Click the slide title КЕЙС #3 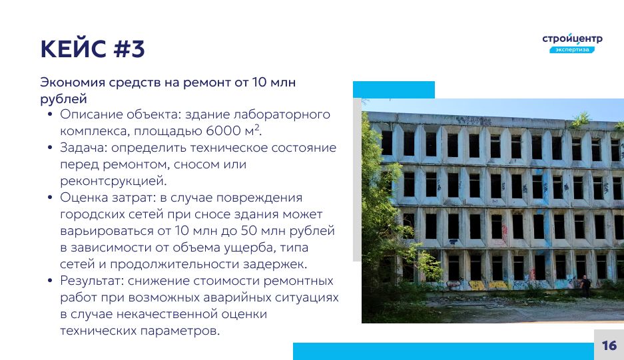click(x=93, y=49)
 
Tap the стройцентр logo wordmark click(x=572, y=39)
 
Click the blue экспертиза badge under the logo click(x=572, y=50)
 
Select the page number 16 click(x=609, y=345)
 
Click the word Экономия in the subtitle click(x=73, y=83)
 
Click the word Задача click(x=83, y=148)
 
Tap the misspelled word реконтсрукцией click(x=113, y=181)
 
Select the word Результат click(x=92, y=281)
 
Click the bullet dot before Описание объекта click(x=50, y=114)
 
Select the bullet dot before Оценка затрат click(x=50, y=198)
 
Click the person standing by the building click(x=586, y=285)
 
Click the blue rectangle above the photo click(x=394, y=90)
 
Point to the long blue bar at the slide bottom click(x=444, y=351)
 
